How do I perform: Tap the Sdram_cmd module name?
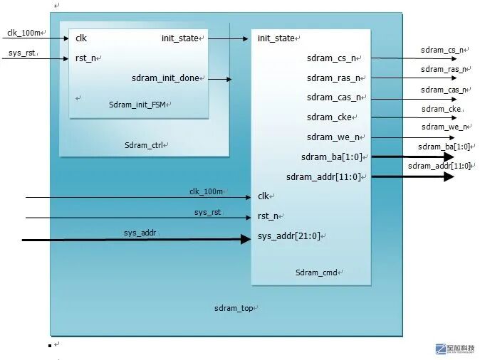pos(316,272)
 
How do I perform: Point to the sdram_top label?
pos(233,308)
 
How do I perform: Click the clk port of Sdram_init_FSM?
pos(80,38)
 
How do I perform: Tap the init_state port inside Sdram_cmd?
pos(276,38)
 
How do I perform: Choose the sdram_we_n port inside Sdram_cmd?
pos(332,137)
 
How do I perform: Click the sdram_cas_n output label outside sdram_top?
pos(442,90)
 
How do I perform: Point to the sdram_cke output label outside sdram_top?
pos(441,109)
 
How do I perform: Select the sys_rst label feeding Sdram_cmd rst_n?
pos(208,212)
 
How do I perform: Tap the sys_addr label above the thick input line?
pos(140,233)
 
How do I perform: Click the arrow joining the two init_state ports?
pos(227,38)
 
